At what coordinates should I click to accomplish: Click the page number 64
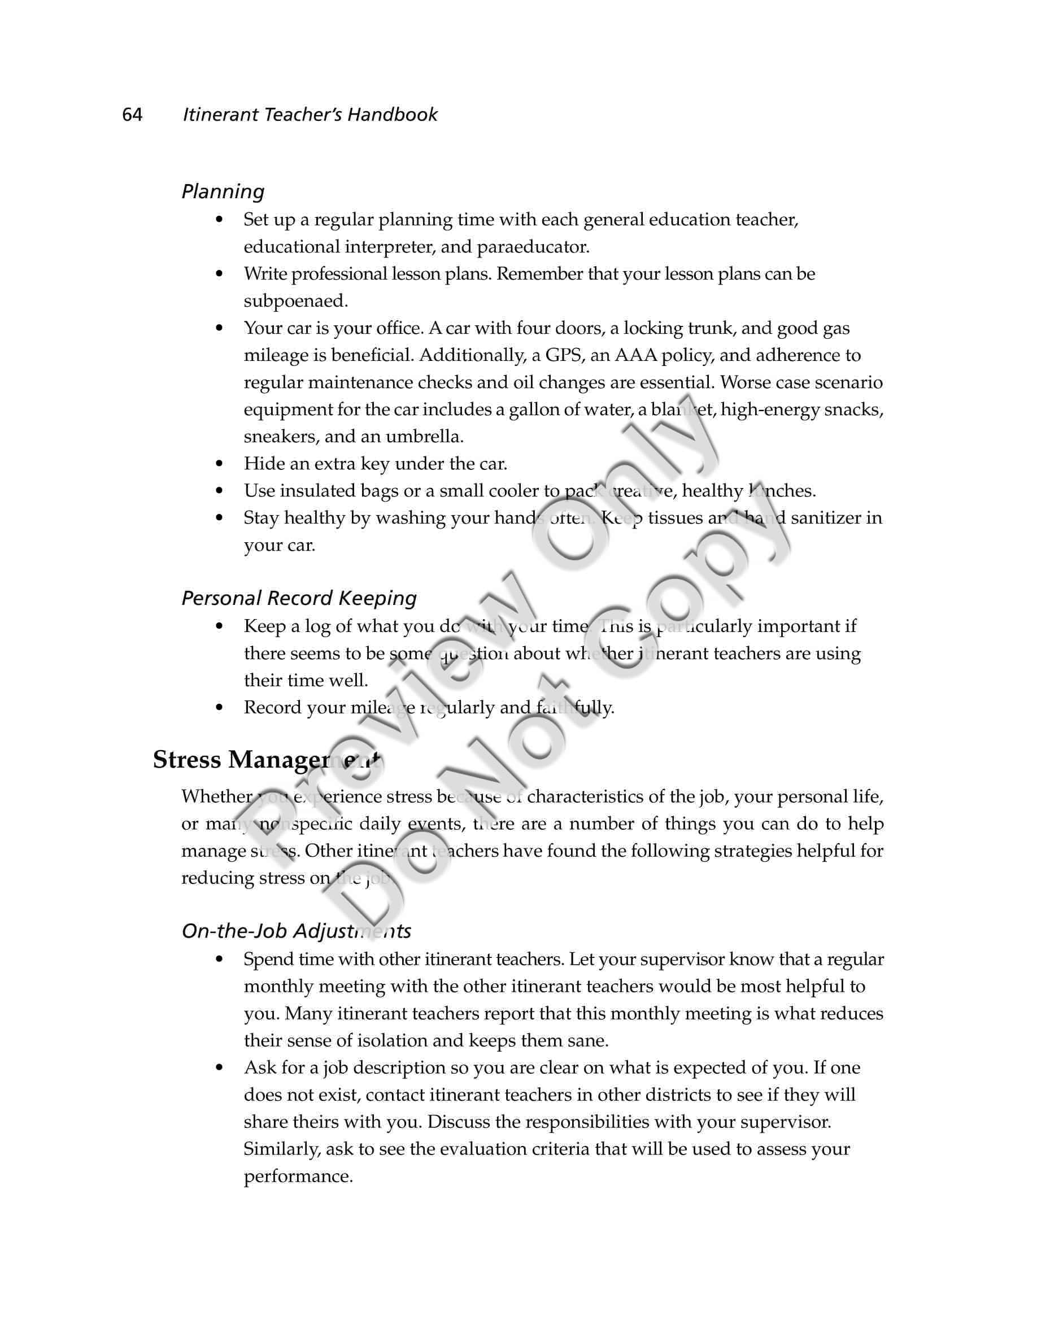pyautogui.click(x=132, y=115)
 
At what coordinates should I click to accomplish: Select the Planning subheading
pyautogui.click(x=223, y=191)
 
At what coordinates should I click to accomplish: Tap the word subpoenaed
pyautogui.click(x=295, y=301)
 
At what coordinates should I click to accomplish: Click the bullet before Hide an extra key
pyautogui.click(x=219, y=464)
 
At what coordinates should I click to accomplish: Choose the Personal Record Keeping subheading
pyautogui.click(x=299, y=598)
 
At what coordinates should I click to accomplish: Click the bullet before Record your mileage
pyautogui.click(x=219, y=708)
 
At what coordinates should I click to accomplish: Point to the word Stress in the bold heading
pyautogui.click(x=187, y=760)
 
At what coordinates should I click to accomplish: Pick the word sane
pyautogui.click(x=587, y=1041)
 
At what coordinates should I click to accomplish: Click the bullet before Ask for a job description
pyautogui.click(x=219, y=1068)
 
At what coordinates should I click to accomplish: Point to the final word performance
pyautogui.click(x=298, y=1177)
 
